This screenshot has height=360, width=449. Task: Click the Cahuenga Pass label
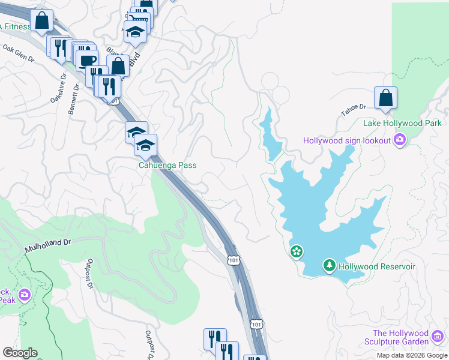[167, 166]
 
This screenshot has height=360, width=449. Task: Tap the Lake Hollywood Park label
[402, 124]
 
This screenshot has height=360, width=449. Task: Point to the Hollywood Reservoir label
[377, 266]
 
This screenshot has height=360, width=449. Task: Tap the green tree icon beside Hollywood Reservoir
[329, 265]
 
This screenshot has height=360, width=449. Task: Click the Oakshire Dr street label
[58, 88]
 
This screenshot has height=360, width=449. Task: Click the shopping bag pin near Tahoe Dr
[385, 98]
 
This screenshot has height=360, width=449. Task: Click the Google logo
[20, 353]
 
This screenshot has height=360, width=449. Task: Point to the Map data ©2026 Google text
[411, 355]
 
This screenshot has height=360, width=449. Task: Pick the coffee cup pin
[87, 60]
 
